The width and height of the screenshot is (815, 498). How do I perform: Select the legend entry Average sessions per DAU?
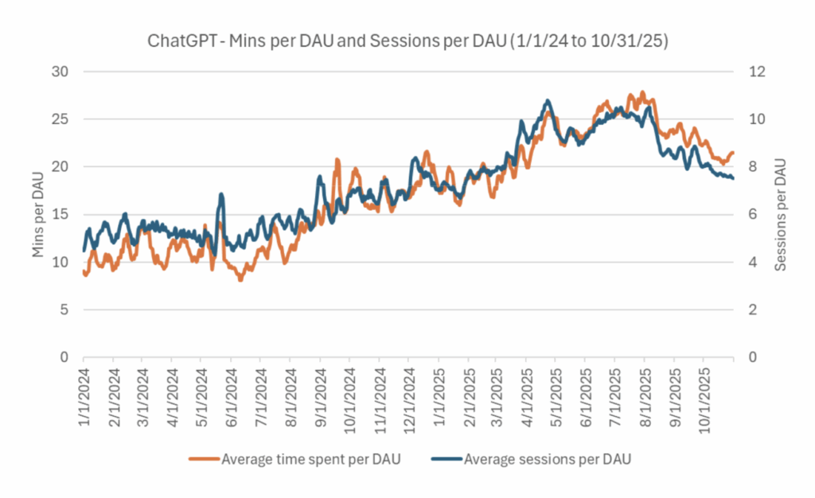click(x=548, y=458)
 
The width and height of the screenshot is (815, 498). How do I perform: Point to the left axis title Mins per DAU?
click(x=37, y=214)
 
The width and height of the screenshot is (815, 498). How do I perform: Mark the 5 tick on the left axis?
click(x=65, y=309)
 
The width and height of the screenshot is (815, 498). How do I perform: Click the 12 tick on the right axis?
click(x=753, y=72)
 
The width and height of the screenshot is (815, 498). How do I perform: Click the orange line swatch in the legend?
click(x=204, y=458)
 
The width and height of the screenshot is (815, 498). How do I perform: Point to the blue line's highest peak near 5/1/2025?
click(x=547, y=100)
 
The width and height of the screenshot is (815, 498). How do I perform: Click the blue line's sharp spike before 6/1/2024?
click(x=221, y=194)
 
